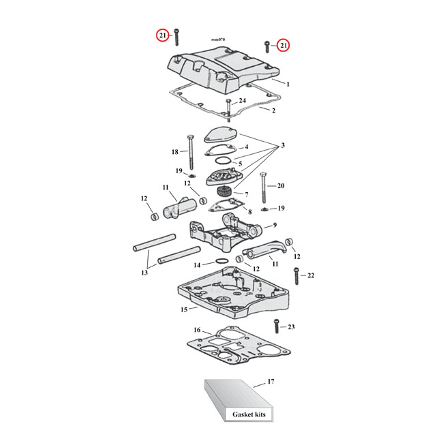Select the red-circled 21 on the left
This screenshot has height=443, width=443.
[162, 35]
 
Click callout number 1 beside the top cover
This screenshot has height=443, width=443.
[288, 85]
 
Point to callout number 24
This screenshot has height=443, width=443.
[242, 101]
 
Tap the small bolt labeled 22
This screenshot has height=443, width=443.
[296, 275]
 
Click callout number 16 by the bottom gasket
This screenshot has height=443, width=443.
[197, 330]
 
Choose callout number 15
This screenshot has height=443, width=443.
[183, 309]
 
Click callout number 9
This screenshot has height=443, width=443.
[275, 226]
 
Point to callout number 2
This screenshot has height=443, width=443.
[273, 110]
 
